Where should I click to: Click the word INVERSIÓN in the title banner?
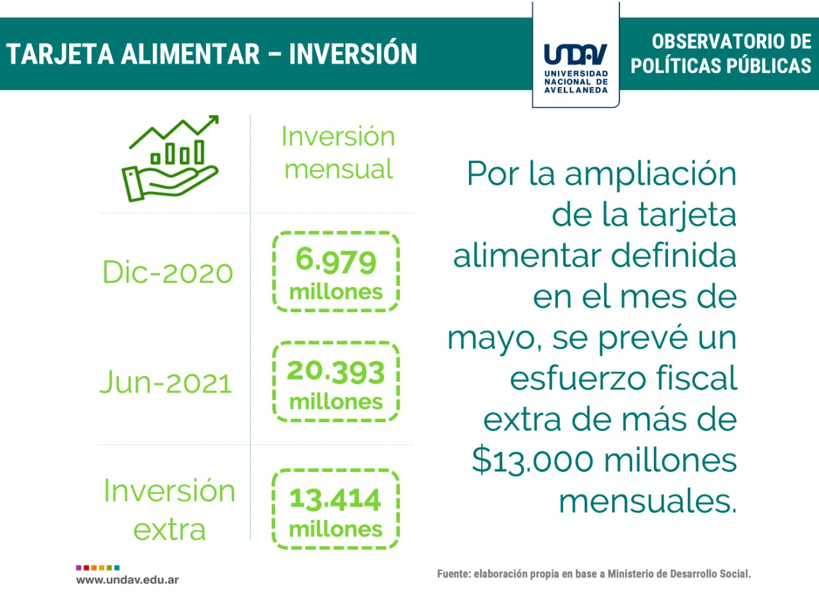point(353,54)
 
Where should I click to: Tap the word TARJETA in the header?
point(60,54)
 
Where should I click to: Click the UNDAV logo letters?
point(576,54)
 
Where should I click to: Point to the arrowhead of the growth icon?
point(214,120)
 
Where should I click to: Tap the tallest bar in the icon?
point(200,152)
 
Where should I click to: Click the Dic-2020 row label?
point(168,272)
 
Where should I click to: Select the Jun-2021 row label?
point(166,382)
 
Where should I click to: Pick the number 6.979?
point(336,260)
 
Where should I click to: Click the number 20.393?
point(336,372)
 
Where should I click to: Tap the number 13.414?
point(335,499)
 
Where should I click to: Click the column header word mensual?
point(338,169)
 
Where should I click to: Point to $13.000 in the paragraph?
point(532,460)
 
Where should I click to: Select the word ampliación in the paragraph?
point(650,174)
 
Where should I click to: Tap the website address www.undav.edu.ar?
point(127,580)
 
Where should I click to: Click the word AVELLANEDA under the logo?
point(576,90)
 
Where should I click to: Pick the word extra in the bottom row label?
point(170,530)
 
